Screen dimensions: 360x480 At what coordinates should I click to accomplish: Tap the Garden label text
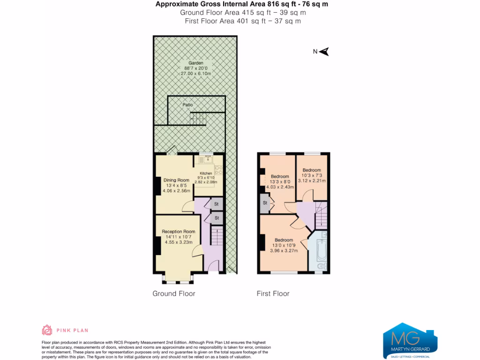coord(196,63)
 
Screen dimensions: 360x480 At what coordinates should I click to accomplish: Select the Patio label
coord(187,105)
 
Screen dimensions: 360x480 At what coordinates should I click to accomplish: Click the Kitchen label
coord(206,173)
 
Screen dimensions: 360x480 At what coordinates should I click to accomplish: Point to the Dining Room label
coord(176,180)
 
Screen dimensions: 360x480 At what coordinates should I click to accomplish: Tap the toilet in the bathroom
coord(322,267)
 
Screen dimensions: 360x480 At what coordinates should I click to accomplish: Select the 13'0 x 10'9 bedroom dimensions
coord(284,245)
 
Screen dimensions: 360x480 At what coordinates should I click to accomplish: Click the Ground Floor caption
coord(174,294)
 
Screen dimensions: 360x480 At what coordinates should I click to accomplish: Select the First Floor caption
coord(273,294)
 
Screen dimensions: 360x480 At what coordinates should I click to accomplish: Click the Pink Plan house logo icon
coord(47,330)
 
